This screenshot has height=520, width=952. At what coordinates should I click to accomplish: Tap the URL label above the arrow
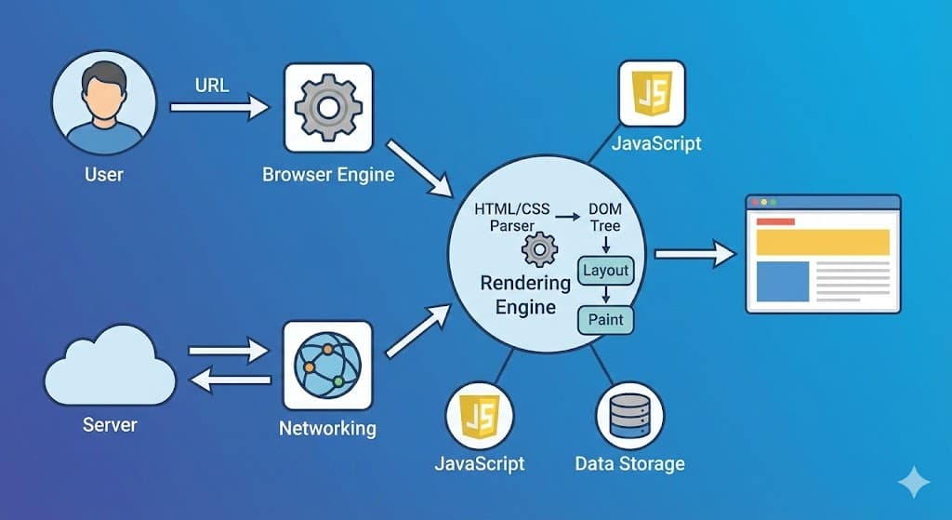tap(212, 86)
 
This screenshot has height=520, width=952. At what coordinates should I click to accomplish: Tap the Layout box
tap(605, 272)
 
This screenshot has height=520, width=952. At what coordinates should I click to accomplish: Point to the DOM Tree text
tap(604, 218)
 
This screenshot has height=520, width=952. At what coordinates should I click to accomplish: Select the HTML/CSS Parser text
tap(512, 217)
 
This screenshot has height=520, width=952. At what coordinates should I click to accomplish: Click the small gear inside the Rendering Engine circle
tap(539, 250)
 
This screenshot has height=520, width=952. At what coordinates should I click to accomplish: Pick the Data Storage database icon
tap(629, 416)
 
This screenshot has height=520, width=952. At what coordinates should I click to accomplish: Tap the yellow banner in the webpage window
tap(822, 242)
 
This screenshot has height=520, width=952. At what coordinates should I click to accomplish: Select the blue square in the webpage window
tap(782, 282)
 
